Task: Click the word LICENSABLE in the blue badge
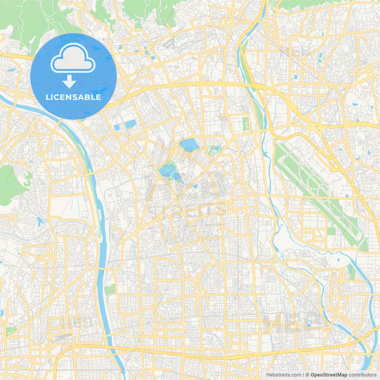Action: pos(73,97)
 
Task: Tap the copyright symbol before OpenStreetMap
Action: pos(307,374)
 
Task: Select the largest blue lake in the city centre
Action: pos(189,145)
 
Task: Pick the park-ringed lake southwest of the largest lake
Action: pos(168,171)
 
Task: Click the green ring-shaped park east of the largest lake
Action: pos(214,150)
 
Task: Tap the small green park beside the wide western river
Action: pos(110,289)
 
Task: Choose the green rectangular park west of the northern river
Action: pos(246,123)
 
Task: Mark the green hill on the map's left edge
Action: pos(11,184)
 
